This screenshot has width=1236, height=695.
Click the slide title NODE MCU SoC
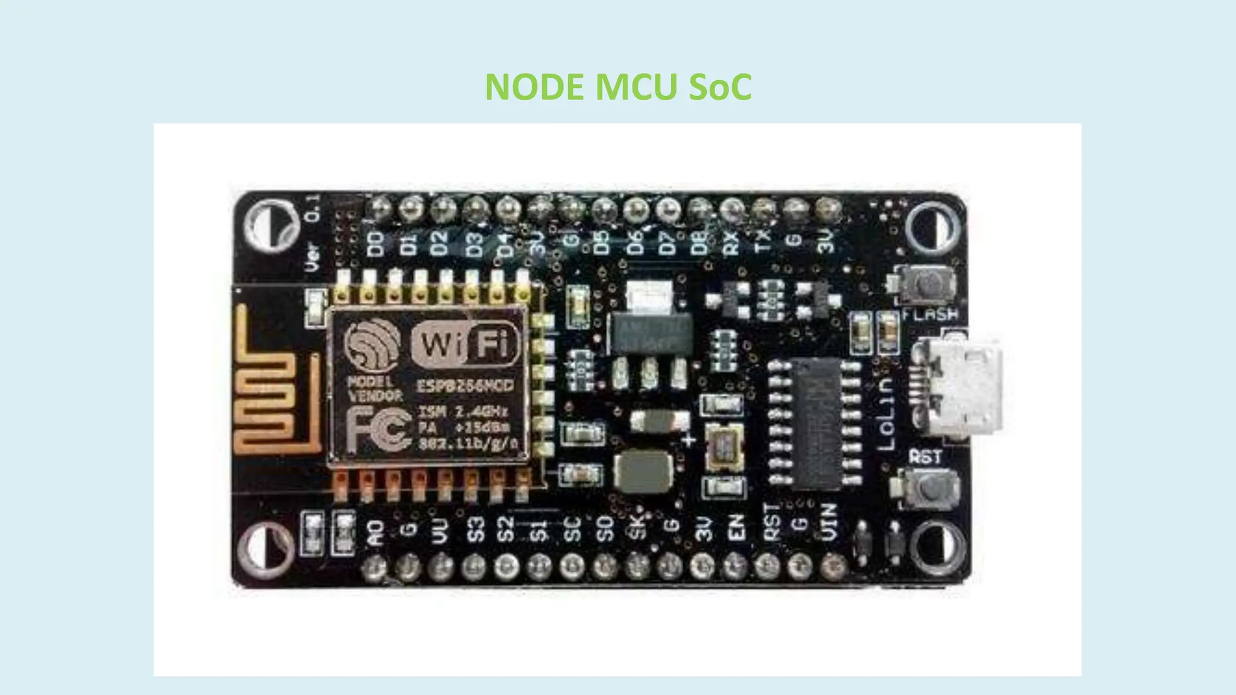[618, 86]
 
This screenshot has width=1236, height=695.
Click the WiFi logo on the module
[465, 344]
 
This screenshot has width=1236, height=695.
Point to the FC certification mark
[379, 430]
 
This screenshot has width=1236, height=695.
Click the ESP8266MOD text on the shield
[465, 386]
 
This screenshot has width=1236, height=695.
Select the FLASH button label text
[930, 314]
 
